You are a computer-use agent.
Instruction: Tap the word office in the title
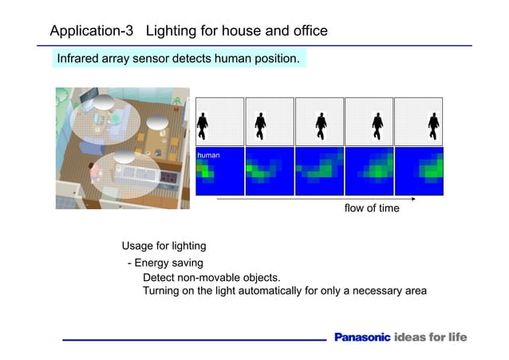(306, 32)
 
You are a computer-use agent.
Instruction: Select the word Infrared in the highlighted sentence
(81, 60)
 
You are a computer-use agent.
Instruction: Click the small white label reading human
(208, 155)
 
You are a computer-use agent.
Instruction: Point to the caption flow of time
(372, 209)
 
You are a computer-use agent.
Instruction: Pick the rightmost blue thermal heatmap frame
(419, 171)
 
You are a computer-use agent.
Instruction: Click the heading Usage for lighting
(164, 246)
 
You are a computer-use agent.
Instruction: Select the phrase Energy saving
(168, 263)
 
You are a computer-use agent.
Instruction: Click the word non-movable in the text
(206, 278)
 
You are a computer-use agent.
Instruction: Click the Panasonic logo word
(362, 338)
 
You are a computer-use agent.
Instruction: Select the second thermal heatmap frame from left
(270, 171)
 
